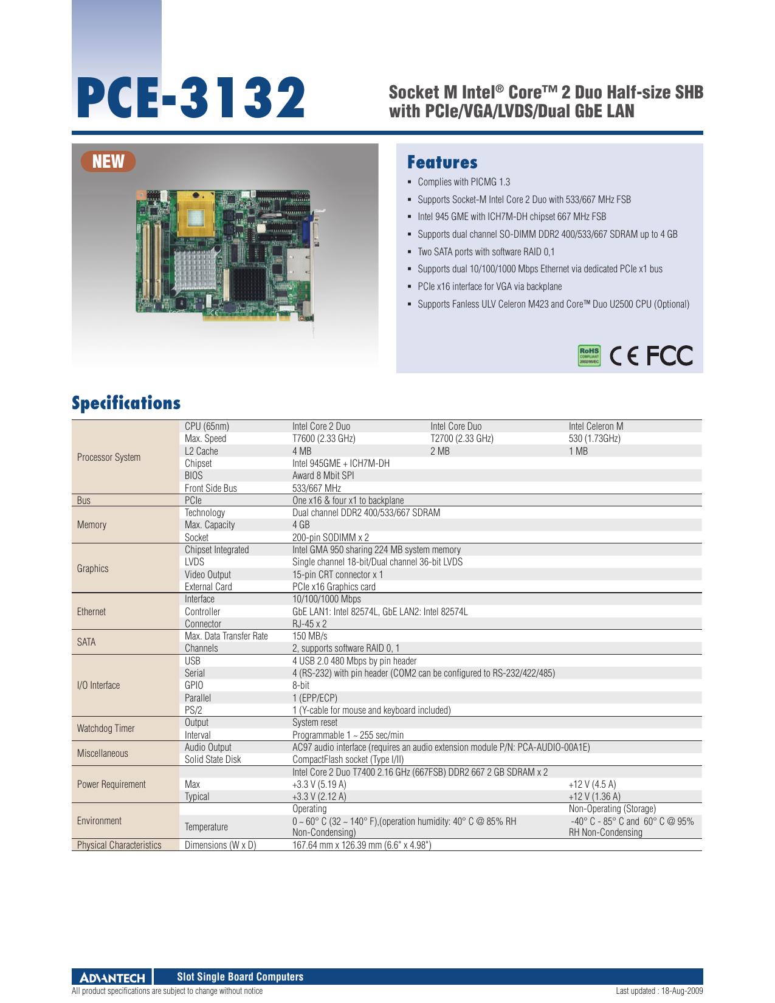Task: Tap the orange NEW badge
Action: (108, 162)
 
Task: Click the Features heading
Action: (442, 162)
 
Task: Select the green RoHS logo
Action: (589, 356)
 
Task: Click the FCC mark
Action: (669, 356)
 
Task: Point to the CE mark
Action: (624, 356)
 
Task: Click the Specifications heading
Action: (126, 403)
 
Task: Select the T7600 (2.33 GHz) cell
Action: (323, 438)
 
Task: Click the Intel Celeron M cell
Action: (596, 426)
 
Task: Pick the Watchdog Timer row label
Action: (106, 728)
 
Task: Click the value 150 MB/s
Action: (309, 636)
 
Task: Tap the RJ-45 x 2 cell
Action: (309, 624)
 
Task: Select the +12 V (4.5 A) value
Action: (592, 784)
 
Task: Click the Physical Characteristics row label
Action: (119, 845)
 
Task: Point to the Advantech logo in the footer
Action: (112, 977)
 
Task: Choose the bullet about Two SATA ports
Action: (486, 252)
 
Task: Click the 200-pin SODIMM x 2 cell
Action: (331, 537)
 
